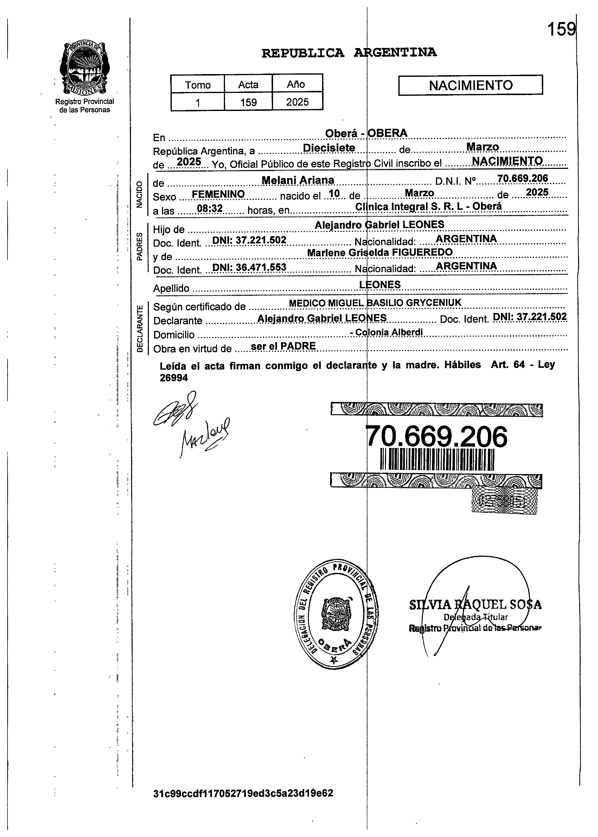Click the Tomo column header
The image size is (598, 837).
click(x=198, y=85)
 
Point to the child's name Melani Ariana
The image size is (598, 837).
click(x=297, y=180)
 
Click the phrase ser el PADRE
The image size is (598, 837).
click(x=283, y=346)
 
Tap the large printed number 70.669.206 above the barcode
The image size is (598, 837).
click(x=437, y=437)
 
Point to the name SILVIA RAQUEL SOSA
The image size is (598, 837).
click(x=475, y=605)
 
